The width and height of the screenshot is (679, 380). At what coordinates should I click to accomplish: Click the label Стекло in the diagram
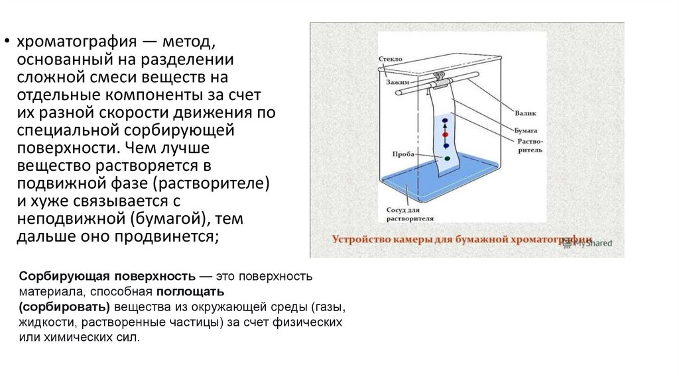pyautogui.click(x=391, y=59)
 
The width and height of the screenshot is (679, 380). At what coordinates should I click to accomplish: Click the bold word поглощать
pyautogui.click(x=190, y=291)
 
